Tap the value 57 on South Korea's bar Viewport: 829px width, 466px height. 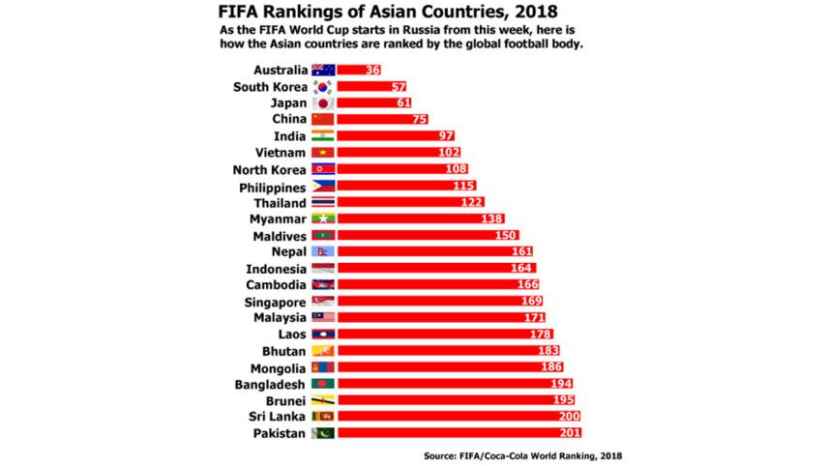pyautogui.click(x=371, y=86)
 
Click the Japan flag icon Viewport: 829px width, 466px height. pyautogui.click(x=322, y=102)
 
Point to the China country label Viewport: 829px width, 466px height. pyautogui.click(x=288, y=119)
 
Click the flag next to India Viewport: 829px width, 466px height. pyautogui.click(x=322, y=135)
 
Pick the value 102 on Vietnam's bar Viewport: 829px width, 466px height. pyautogui.click(x=448, y=152)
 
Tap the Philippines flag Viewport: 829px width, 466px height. pyautogui.click(x=322, y=186)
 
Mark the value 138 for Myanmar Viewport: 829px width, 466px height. pyautogui.click(x=492, y=219)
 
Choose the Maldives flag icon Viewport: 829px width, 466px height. pyautogui.click(x=322, y=235)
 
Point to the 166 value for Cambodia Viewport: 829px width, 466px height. pyautogui.click(x=527, y=284)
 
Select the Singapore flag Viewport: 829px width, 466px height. pyautogui.click(x=322, y=301)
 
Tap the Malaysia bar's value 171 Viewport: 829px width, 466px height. pyautogui.click(x=534, y=317)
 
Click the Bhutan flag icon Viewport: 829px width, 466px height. pyautogui.click(x=322, y=350)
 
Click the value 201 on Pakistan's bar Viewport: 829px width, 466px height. pyautogui.click(x=571, y=433)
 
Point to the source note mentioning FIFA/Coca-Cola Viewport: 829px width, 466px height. pyautogui.click(x=521, y=453)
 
